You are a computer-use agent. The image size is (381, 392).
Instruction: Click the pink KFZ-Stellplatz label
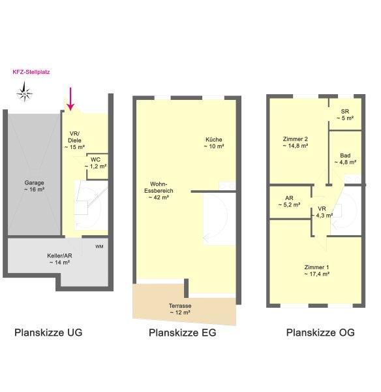point(31,72)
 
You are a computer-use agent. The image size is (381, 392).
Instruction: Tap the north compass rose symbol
point(25,93)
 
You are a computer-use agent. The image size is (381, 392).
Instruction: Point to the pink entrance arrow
point(70,99)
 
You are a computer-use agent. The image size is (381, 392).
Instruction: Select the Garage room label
point(34,186)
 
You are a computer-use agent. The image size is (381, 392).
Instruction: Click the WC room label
point(96,163)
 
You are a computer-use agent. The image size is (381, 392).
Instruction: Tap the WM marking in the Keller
point(99,247)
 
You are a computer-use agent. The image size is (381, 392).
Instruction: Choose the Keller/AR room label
point(59,259)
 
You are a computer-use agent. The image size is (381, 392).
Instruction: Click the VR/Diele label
point(74,140)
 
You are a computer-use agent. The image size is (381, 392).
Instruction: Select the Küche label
point(214,142)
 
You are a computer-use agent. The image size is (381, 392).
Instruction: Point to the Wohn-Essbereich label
point(159,191)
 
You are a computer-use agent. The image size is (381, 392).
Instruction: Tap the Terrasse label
point(180,309)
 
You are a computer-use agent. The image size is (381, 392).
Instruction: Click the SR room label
point(345,115)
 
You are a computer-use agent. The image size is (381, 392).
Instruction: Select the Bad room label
point(345,159)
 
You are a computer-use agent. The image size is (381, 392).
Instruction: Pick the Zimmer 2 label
point(296,142)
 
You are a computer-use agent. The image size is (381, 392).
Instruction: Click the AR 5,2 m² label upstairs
point(289,201)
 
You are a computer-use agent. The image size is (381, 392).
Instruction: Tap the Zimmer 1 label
point(317,270)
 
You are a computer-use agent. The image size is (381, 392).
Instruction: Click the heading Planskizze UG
point(48,333)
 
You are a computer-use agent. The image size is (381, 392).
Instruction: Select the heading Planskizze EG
point(183,333)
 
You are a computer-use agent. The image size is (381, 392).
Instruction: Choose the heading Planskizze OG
point(320,333)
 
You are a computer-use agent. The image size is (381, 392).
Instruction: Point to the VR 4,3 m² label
point(322,212)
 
